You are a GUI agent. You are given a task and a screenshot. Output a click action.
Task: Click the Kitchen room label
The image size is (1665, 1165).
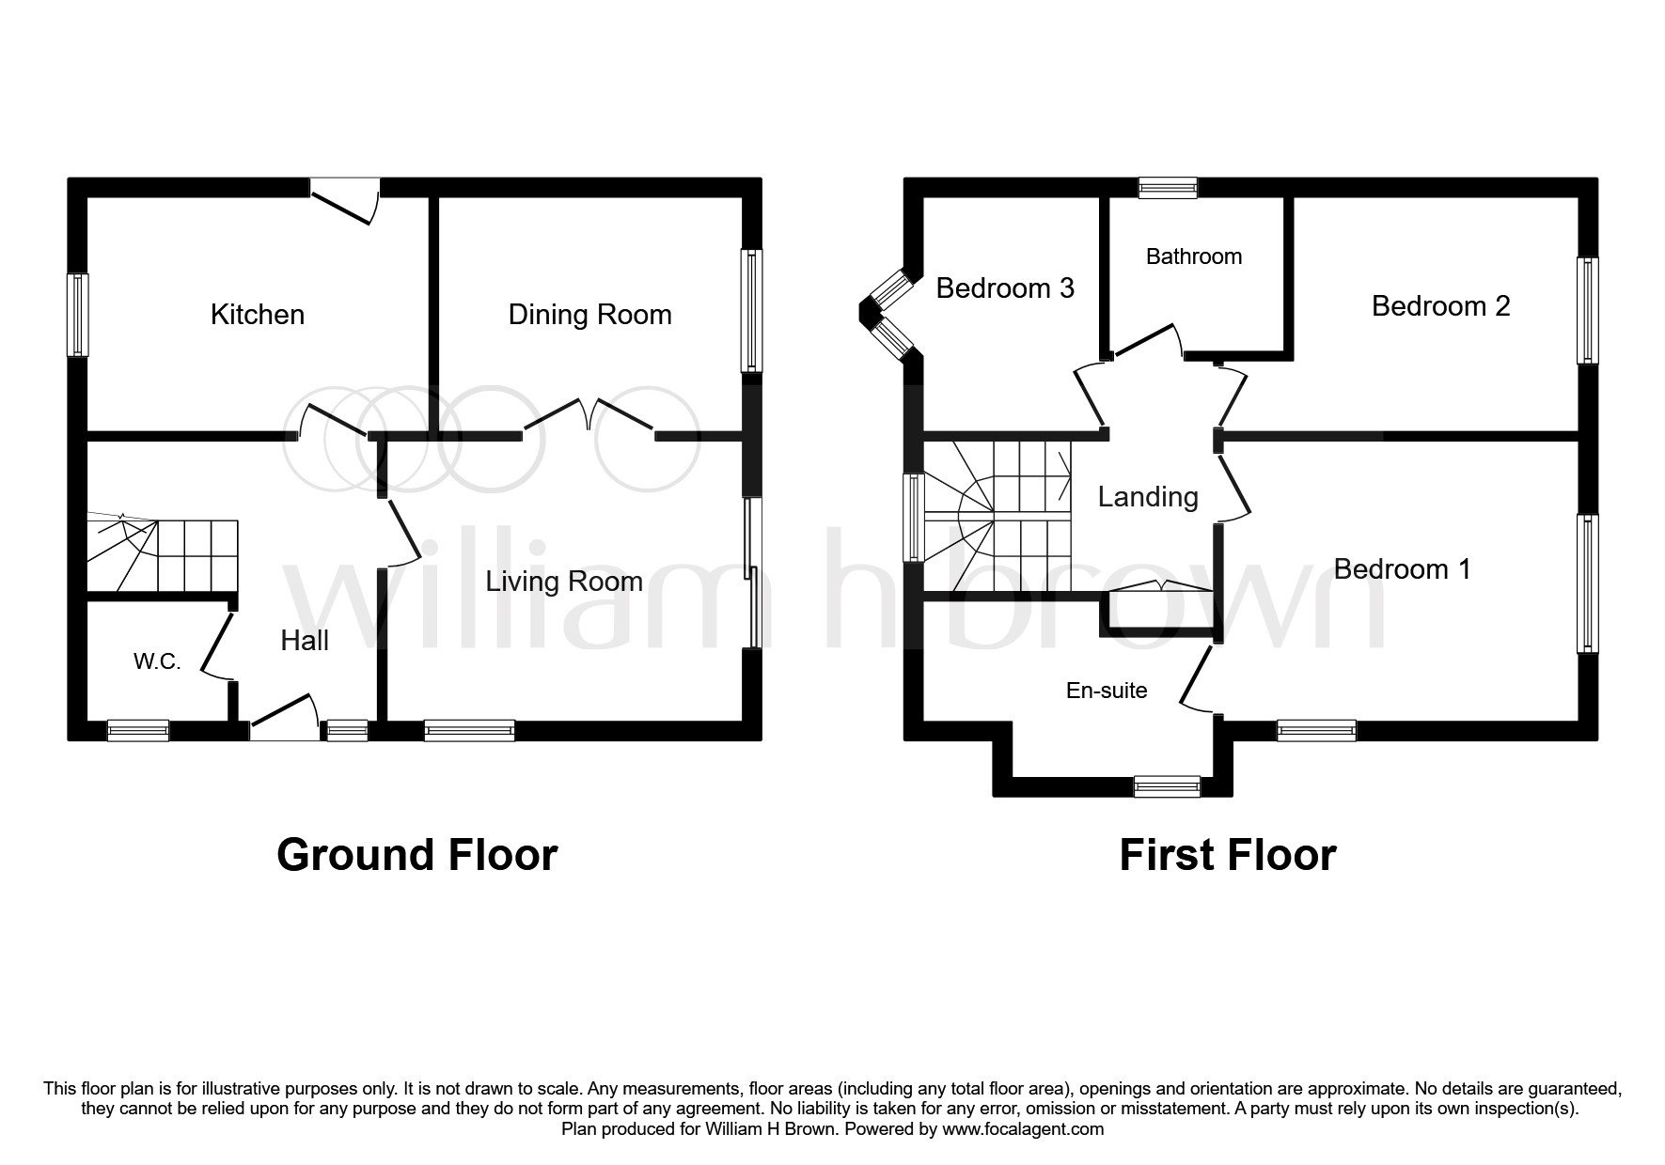coord(258,314)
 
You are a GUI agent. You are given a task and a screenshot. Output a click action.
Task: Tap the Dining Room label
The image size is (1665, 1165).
coord(590,315)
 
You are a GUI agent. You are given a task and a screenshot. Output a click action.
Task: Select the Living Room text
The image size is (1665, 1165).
coord(564,582)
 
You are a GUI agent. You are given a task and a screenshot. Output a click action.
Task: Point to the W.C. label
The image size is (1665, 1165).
coord(157,661)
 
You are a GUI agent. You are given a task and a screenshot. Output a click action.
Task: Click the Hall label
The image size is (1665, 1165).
coord(305,641)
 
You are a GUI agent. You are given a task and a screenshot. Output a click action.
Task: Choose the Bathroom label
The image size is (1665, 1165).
coord(1194,256)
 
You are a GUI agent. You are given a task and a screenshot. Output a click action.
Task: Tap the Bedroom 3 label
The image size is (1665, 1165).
coord(1005,287)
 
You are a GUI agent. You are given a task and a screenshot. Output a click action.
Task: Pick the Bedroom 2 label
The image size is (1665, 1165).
coord(1441,305)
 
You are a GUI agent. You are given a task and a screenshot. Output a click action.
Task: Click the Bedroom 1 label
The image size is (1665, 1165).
coord(1403,568)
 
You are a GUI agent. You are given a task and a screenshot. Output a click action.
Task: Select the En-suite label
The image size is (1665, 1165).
coord(1107,691)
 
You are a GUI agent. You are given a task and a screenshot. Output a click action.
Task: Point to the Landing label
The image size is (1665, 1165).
coord(1148,497)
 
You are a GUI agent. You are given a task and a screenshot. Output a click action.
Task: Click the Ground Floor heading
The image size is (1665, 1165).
coord(417,855)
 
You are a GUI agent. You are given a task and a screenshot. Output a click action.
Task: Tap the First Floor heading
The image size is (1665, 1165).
coord(1228,855)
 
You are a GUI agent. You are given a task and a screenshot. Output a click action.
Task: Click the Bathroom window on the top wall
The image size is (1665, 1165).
coord(1169,188)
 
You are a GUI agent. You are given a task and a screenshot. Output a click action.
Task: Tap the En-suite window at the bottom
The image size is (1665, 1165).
coord(1168,786)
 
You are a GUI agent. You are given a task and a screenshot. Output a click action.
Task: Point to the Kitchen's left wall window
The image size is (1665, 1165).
coord(77,315)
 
